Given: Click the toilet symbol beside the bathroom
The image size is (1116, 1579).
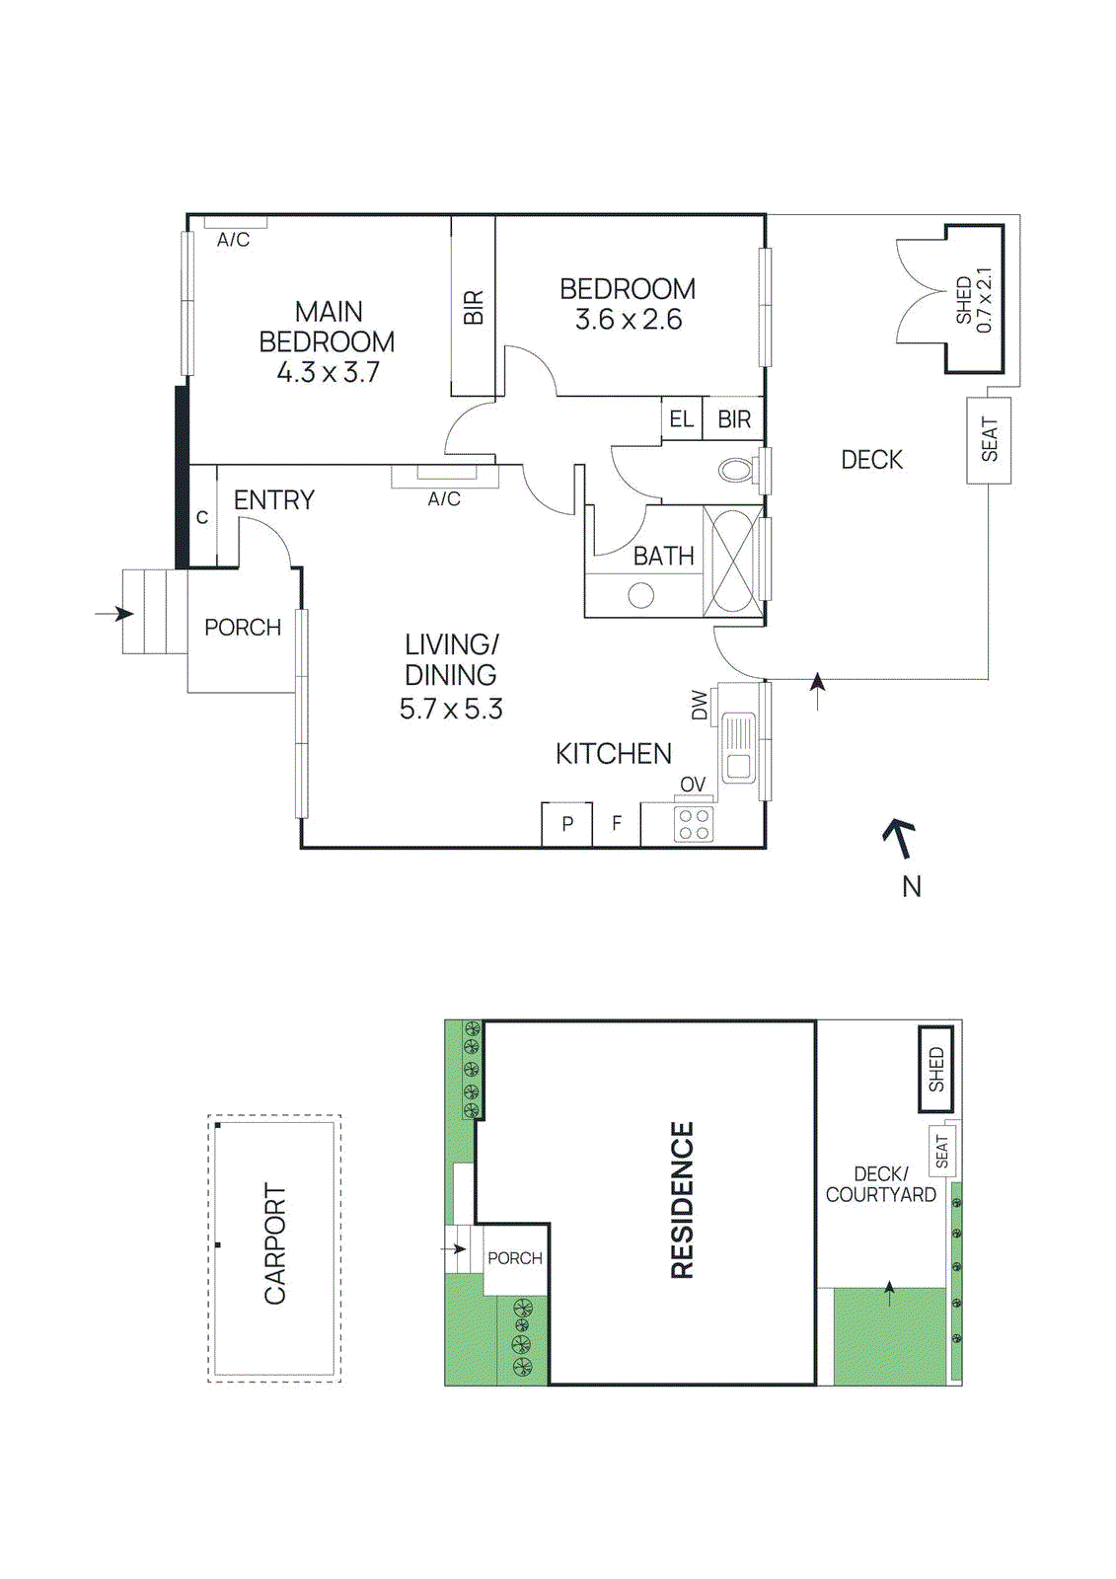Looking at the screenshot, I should [x=735, y=470].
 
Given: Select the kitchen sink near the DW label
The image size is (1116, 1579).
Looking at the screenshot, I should [x=738, y=748].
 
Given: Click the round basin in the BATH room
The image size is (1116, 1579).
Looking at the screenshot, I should [x=641, y=595].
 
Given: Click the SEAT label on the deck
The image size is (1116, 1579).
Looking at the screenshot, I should [x=989, y=440].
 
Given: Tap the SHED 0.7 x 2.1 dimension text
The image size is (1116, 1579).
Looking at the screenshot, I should [x=984, y=300].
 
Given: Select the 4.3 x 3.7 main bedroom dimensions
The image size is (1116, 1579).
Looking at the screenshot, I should [x=328, y=373].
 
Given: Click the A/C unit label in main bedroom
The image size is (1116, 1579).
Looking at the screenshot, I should [x=234, y=240].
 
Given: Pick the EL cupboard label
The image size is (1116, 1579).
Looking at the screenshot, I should [x=681, y=419].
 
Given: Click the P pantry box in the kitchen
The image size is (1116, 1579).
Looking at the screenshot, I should [x=567, y=824].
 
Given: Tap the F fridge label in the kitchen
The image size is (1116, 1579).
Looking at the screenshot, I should [x=617, y=824].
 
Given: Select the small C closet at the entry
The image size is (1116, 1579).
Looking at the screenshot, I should [x=202, y=517].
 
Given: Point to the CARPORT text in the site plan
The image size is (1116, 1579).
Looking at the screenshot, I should [x=275, y=1244].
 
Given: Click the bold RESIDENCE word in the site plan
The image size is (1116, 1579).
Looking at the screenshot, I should [x=682, y=1200].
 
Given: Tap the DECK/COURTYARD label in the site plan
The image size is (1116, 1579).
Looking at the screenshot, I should [x=880, y=1184].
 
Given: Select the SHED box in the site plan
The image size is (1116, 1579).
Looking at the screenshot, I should [x=935, y=1070].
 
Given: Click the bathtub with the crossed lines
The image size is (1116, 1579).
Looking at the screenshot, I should [x=732, y=561].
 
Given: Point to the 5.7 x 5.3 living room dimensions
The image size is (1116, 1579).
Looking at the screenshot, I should [x=451, y=710].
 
